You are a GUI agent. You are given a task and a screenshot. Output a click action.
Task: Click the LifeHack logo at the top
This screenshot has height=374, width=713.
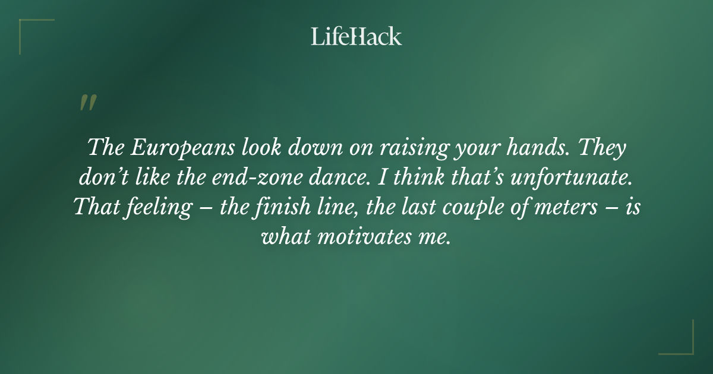pyautogui.click(x=356, y=37)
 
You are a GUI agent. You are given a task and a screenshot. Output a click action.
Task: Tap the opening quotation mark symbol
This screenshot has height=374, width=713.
pyautogui.click(x=87, y=103)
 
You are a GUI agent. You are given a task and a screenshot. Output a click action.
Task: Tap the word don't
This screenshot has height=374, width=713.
pyautogui.click(x=104, y=178)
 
